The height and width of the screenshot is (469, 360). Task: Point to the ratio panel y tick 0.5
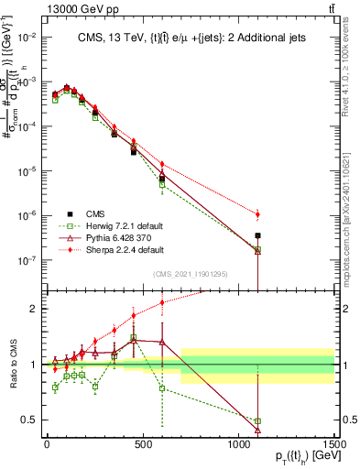pos(31,420)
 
